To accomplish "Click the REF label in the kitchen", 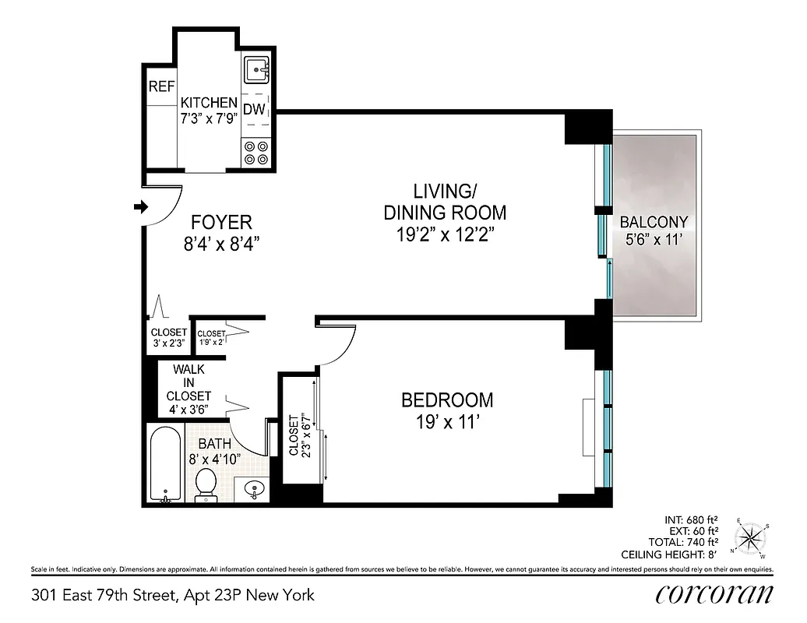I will tap(162, 87).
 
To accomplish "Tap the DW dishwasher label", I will tap(254, 110).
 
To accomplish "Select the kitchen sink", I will tap(255, 72).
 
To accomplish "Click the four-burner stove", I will tap(255, 152).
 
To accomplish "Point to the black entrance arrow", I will tap(141, 206).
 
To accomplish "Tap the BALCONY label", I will tap(654, 222).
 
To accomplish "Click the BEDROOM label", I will tap(446, 400).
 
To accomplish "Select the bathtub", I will tap(165, 464).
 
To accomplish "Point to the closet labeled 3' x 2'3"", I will tap(168, 336).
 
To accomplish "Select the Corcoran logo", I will tap(714, 595).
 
